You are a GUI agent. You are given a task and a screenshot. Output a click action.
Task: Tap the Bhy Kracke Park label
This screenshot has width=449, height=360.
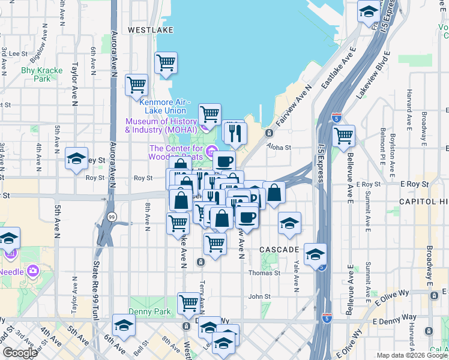tap(42, 74)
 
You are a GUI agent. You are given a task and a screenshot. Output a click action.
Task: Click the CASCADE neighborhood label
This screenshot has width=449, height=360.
tap(279, 249)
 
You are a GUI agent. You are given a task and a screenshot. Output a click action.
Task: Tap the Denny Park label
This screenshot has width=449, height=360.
tap(149, 312)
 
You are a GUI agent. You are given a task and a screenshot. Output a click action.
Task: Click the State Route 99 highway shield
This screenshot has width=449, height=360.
tap(112, 216)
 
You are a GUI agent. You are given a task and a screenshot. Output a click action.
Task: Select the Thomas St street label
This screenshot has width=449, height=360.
tap(264, 272)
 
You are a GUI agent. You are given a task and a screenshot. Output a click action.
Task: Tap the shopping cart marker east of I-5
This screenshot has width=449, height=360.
tap(343, 135)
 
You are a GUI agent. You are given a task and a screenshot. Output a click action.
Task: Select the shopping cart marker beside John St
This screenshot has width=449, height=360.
tap(188, 303)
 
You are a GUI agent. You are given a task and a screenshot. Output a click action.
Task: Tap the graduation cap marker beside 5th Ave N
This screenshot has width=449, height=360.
tap(76, 158)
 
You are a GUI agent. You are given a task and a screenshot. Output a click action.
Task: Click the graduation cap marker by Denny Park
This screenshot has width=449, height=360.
tap(124, 325)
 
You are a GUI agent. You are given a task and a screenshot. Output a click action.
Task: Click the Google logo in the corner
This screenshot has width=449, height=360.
tap(20, 353)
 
